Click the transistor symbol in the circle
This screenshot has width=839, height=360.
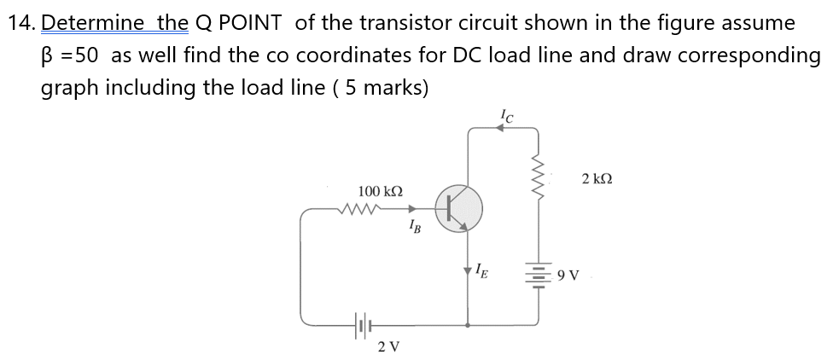coord(458,208)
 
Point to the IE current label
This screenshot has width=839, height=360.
coord(483,273)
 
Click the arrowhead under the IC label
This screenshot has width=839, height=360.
coord(503,129)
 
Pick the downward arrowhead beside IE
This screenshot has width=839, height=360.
coord(469,272)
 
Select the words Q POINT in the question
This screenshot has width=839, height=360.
coord(240,22)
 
